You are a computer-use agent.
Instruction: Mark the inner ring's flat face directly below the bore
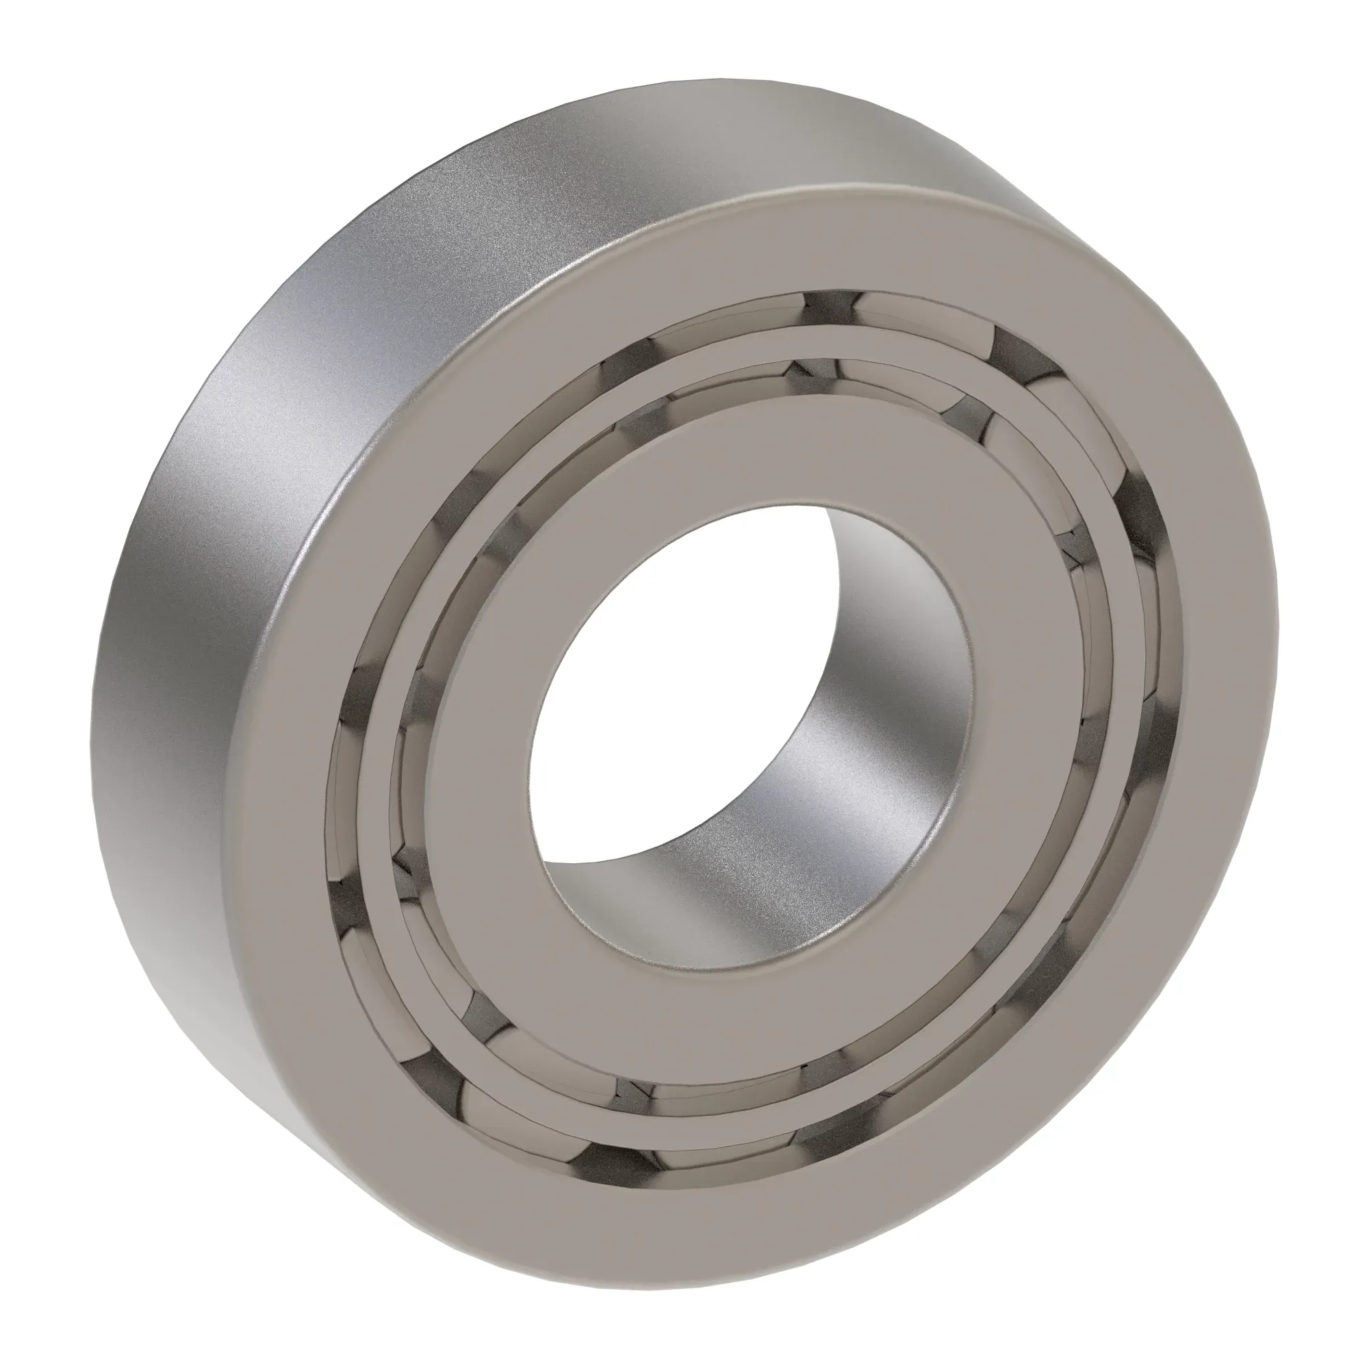[x=708, y=992]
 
